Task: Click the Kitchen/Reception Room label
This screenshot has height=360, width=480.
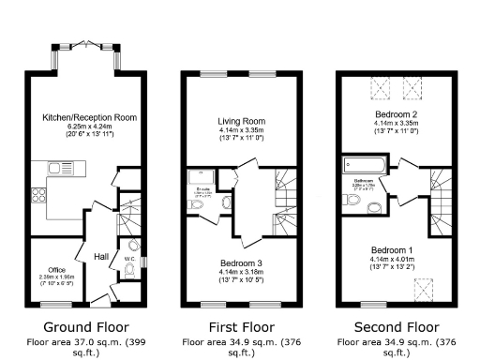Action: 89,117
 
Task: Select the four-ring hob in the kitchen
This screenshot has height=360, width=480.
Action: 39,198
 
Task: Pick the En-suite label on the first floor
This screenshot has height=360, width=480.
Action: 198,198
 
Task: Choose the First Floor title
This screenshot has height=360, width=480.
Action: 240,327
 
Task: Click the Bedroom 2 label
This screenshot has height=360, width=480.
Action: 396,113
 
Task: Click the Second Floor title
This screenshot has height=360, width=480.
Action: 396,327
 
